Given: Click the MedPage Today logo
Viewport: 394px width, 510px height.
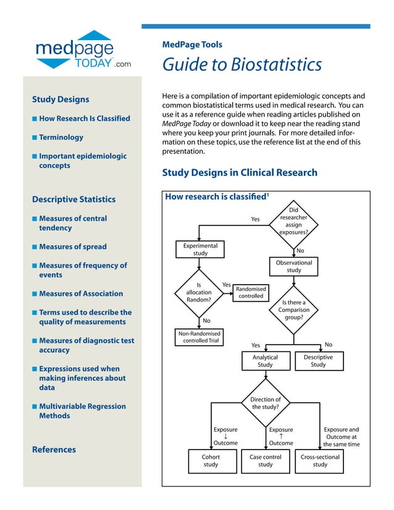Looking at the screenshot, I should click(83, 50).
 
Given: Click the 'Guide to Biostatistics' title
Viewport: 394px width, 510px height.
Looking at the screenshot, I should click(241, 64).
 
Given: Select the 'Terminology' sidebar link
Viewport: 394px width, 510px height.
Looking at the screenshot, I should click(61, 137).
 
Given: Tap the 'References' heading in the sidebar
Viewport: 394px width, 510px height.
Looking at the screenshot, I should click(54, 449).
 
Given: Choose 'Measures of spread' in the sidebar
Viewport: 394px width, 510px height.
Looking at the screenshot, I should click(72, 246).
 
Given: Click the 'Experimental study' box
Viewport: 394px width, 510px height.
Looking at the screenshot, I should click(200, 249).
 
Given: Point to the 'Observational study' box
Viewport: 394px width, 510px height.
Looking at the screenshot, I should click(294, 266).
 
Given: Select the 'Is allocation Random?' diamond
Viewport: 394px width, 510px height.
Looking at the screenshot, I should click(199, 293).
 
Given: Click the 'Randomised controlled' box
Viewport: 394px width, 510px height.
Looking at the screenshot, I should click(251, 292).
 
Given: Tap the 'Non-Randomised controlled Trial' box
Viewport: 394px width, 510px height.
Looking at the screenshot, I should click(199, 337).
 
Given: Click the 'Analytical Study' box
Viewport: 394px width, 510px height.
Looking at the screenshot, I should click(265, 361).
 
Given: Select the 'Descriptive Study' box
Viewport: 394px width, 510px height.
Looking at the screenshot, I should click(318, 361).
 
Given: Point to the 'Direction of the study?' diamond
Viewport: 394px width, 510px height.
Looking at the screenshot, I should click(266, 403).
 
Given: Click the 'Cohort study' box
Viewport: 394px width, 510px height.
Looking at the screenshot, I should click(211, 461).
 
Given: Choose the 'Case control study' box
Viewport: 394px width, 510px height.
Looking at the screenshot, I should click(265, 461).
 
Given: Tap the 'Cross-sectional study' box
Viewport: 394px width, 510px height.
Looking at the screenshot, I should click(319, 461).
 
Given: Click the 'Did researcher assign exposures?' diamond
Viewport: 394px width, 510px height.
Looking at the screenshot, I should click(293, 225).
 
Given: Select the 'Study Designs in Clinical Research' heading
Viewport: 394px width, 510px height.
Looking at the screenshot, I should click(240, 173).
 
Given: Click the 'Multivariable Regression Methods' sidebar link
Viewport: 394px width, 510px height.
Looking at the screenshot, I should click(82, 411).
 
